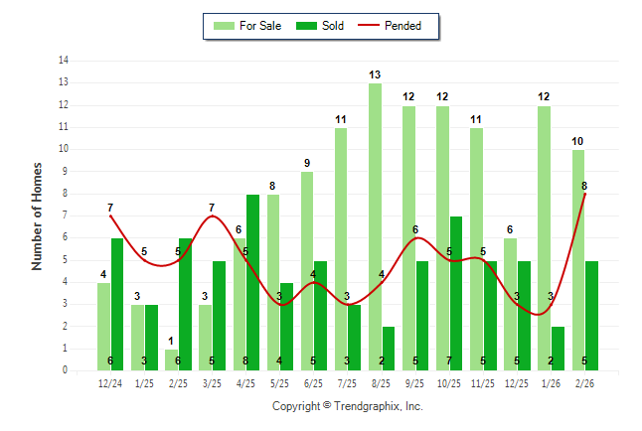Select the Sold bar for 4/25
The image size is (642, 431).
252,282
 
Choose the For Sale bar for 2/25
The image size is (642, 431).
171,359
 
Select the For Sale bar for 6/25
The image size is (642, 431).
307,271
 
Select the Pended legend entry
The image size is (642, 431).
397,26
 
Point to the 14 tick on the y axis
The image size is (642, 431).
64,61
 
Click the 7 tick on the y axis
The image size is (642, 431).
66,215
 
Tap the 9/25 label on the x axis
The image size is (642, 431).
415,383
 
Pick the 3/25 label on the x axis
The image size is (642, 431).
212,383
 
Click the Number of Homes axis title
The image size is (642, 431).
38,215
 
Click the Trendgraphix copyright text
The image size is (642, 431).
348,406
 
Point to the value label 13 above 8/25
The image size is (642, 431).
375,74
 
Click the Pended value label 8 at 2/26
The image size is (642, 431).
583,186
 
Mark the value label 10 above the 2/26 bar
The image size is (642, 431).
577,141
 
